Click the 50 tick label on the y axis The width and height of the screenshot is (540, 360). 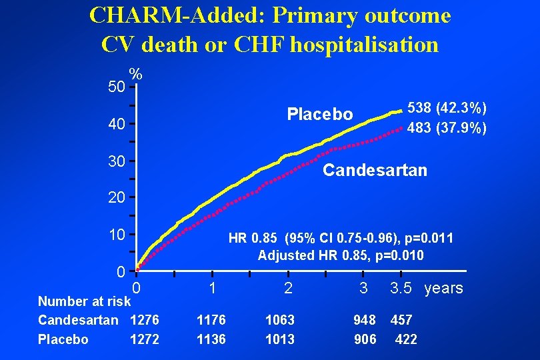[x=117, y=87]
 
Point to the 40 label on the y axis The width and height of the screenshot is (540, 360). [x=117, y=124]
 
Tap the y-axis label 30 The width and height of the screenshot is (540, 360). [x=117, y=161]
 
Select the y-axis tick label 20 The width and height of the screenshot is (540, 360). [x=117, y=197]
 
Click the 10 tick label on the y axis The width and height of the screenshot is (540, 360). [x=117, y=235]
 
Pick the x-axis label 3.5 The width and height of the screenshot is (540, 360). [x=402, y=289]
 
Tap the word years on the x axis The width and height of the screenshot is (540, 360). [x=443, y=289]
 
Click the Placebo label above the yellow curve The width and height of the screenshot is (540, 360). [x=320, y=114]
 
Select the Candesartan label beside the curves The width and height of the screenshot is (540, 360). [x=375, y=171]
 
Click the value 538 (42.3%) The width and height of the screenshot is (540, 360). [x=447, y=108]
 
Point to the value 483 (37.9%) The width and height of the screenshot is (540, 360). [x=447, y=127]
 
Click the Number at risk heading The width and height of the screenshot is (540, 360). [x=84, y=301]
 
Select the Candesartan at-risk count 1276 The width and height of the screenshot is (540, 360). [x=145, y=321]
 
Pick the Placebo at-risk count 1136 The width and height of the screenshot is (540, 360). [x=211, y=339]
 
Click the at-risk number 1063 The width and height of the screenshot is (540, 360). [x=280, y=321]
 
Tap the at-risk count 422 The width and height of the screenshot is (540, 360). [x=406, y=339]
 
